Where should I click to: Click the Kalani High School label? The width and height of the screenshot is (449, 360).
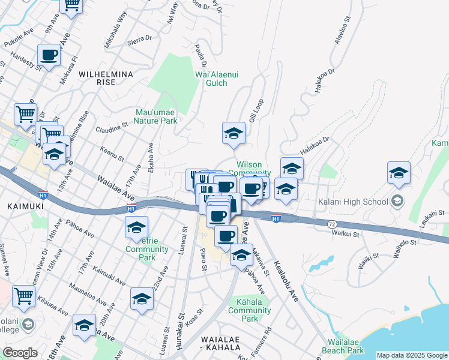353,201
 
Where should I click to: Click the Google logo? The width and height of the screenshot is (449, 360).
20,353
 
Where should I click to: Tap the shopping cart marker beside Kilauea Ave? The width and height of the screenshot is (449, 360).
23,295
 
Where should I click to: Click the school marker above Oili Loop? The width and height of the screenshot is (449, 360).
234,133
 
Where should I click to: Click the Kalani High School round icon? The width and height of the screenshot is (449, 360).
397,201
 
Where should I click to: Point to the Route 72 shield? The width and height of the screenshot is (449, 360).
331,223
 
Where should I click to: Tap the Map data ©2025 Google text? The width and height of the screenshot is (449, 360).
412,355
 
